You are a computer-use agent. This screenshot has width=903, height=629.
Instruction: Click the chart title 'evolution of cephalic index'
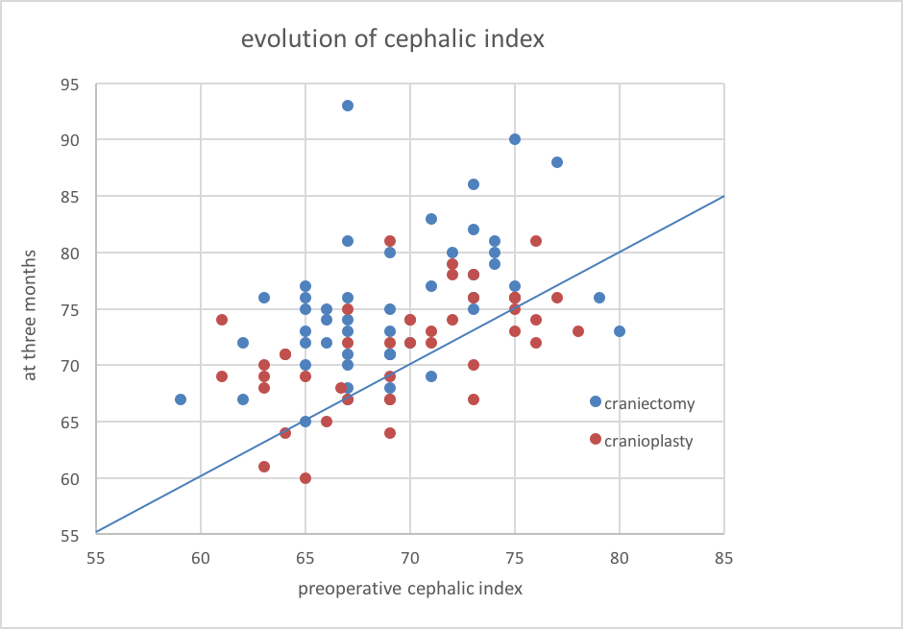tap(392, 39)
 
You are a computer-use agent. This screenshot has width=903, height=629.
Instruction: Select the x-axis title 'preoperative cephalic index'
tap(410, 589)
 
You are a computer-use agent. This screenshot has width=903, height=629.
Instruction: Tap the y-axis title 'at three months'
tap(30, 314)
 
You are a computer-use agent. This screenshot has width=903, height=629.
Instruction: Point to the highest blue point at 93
tap(348, 106)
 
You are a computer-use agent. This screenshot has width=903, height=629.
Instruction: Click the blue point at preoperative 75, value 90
tap(515, 139)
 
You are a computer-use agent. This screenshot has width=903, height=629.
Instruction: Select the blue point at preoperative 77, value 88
tap(557, 162)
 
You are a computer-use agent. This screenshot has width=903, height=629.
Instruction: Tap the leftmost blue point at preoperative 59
tap(181, 399)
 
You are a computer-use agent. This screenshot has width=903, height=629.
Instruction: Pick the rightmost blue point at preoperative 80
tap(620, 331)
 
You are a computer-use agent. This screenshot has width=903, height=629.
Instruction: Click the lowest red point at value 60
tap(305, 478)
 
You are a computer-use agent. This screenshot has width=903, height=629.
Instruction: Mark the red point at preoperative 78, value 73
tap(578, 331)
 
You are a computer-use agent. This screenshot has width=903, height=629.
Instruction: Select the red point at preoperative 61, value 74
tap(222, 320)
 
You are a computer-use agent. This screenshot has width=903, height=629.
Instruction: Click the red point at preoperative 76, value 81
tap(536, 241)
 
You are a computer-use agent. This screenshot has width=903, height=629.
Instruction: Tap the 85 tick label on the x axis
tap(723, 556)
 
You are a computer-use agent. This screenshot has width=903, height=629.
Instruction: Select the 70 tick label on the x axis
tap(410, 556)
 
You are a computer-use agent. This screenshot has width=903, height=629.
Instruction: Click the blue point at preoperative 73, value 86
tap(474, 184)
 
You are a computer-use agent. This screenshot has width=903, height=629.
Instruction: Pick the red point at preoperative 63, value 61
tap(264, 467)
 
